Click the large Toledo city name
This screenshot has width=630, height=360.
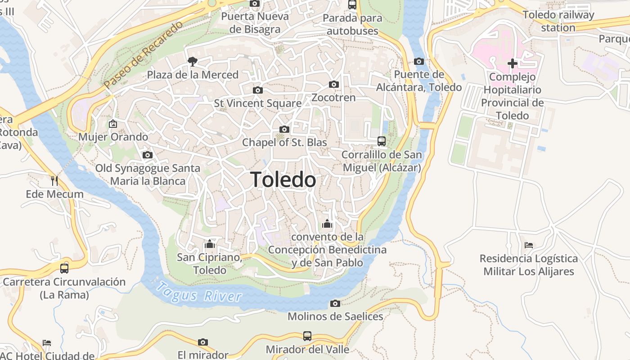283,180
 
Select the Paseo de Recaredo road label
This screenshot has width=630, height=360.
143,54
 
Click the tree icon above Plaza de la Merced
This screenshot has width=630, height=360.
193,61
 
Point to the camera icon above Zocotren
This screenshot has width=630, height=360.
334,84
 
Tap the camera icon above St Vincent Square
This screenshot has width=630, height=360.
258,90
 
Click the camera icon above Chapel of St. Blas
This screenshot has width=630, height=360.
284,130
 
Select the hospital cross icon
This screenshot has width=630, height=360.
512,63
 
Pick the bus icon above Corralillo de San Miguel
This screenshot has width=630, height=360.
382,141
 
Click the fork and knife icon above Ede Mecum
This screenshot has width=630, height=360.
54,181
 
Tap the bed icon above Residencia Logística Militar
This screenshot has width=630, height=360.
529,245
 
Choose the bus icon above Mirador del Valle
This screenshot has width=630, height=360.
307,336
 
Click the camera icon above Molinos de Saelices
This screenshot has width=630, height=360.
335,303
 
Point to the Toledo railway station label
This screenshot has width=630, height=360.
558,21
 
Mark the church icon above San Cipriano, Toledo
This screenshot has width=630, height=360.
209,244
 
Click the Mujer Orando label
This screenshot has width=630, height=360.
113,137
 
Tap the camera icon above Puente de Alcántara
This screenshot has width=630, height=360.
419,61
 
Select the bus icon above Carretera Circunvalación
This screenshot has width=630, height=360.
64,269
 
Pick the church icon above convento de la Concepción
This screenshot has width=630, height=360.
327,224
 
